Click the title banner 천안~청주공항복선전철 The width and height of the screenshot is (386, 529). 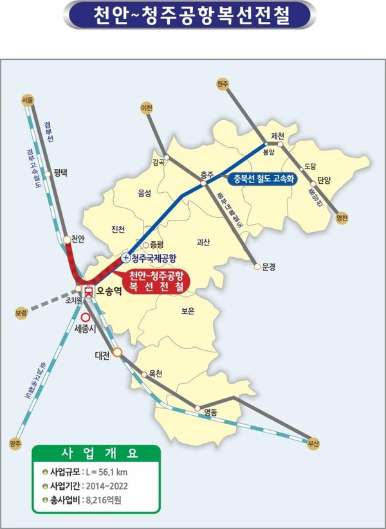pos(192,14)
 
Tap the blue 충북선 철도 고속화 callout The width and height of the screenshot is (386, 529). pos(264,180)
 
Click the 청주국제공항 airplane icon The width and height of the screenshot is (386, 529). pos(125,258)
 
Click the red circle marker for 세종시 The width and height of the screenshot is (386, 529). pos(86,317)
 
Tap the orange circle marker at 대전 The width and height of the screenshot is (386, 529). pos(118,353)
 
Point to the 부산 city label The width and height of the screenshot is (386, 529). pos(313,444)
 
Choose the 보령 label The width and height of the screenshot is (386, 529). pos(21,313)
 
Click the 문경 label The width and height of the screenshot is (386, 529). pos(268,265)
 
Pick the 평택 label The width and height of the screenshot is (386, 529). pos(60,172)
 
